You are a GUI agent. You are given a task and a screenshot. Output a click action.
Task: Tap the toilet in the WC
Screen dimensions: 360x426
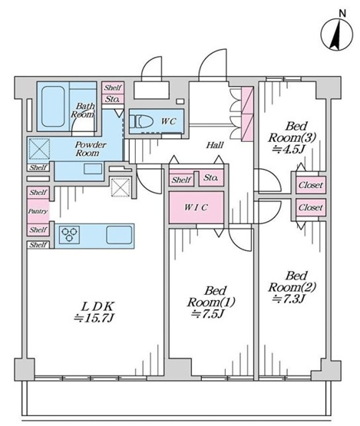(x=139, y=121)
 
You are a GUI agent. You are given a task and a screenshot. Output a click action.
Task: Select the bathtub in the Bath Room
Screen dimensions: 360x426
(x=53, y=107)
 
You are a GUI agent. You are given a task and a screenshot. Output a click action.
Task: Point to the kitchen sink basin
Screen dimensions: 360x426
(x=119, y=235)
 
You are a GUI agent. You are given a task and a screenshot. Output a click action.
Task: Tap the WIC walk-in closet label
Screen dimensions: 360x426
(x=197, y=207)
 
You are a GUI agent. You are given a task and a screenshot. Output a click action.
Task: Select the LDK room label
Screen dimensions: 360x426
(x=97, y=307)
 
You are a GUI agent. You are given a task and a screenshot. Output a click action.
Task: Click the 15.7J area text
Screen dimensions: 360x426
(x=94, y=318)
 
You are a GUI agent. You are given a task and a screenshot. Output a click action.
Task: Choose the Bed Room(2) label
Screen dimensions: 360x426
(x=292, y=282)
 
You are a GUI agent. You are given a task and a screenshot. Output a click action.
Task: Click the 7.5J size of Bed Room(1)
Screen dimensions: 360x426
(x=207, y=314)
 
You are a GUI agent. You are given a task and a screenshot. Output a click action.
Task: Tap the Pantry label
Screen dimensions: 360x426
(x=38, y=211)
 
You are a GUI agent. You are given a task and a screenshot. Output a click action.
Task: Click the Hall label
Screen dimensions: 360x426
(x=215, y=145)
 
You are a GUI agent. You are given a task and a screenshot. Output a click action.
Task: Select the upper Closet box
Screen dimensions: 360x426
(x=311, y=185)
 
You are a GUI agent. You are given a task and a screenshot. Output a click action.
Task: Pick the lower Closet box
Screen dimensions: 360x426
(x=311, y=207)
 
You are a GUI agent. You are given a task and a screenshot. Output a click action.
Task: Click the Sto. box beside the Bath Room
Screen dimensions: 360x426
(x=113, y=99)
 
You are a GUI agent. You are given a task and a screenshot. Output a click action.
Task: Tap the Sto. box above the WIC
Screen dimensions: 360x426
(x=211, y=178)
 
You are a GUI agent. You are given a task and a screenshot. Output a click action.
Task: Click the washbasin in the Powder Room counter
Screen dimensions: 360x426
(x=93, y=169)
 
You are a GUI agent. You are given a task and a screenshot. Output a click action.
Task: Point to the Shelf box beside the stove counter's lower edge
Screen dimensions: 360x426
(x=38, y=245)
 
